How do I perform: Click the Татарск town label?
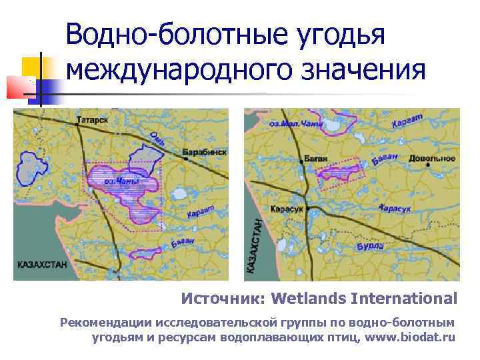pos(92,121)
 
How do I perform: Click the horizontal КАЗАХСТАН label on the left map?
pos(42,265)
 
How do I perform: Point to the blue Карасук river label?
pos(394,209)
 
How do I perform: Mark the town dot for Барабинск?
pos(185,158)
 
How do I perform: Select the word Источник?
pos(224,297)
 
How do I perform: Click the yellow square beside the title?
pos(31,66)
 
